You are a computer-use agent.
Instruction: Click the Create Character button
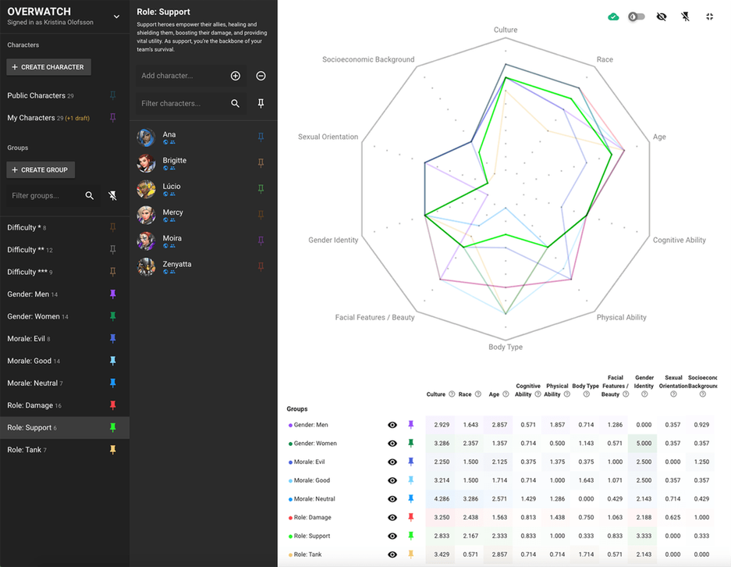pyautogui.click(x=48, y=67)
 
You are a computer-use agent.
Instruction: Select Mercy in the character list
pyautogui.click(x=172, y=212)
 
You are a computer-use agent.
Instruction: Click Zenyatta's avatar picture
pyautogui.click(x=146, y=267)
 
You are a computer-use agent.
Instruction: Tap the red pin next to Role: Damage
pyautogui.click(x=112, y=405)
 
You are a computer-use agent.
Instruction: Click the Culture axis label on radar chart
pyautogui.click(x=506, y=30)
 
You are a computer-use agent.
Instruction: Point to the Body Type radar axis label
pyautogui.click(x=506, y=347)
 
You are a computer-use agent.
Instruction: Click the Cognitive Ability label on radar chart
pyautogui.click(x=679, y=241)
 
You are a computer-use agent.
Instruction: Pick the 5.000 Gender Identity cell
pyautogui.click(x=644, y=444)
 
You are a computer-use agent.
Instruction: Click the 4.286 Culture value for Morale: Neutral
pyautogui.click(x=441, y=499)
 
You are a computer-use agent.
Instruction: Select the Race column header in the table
pyautogui.click(x=465, y=394)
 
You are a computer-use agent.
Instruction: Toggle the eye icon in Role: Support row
pyautogui.click(x=392, y=536)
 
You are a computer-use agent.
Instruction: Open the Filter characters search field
pyautogui.click(x=181, y=103)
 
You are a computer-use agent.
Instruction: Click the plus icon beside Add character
pyautogui.click(x=236, y=76)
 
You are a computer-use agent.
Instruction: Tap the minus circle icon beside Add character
pyautogui.click(x=261, y=76)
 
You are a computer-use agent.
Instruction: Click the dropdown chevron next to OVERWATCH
pyautogui.click(x=116, y=16)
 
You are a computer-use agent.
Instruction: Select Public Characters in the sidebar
pyautogui.click(x=36, y=95)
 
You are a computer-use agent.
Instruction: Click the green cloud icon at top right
pyautogui.click(x=613, y=16)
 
